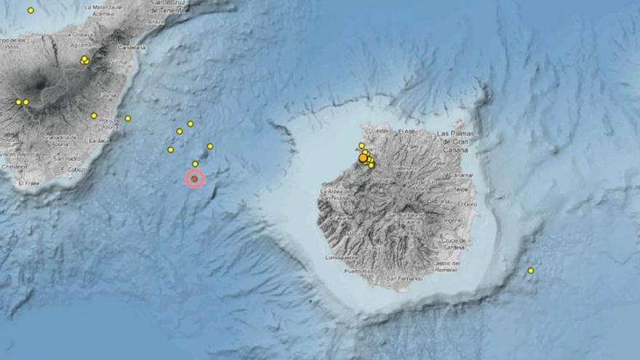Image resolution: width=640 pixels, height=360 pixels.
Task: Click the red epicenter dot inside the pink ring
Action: pyautogui.click(x=194, y=178)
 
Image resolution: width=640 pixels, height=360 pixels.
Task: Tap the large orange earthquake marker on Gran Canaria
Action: pyautogui.click(x=363, y=157)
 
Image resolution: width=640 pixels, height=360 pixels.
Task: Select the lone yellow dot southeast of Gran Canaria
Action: pyautogui.click(x=531, y=271)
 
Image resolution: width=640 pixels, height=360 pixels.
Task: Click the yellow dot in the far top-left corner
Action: pyautogui.click(x=31, y=10)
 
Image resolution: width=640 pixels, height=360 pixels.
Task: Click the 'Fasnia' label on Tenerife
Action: pyautogui.click(x=107, y=95)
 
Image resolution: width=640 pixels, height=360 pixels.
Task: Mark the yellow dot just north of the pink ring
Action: pyautogui.click(x=195, y=164)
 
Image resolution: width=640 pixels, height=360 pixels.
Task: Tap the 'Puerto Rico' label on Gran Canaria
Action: pyautogui.click(x=358, y=271)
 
